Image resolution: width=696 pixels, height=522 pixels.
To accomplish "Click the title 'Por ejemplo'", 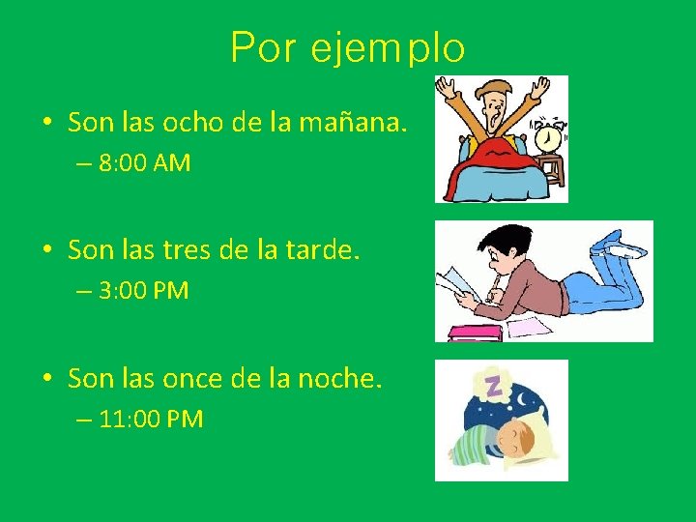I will tap(348, 47).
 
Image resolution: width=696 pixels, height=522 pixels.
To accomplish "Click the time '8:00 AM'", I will tap(144, 163).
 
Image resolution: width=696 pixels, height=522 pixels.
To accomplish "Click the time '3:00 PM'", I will tap(144, 291).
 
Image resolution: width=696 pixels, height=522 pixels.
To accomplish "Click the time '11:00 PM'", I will tap(151, 420).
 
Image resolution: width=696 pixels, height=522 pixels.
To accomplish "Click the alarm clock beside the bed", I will tap(548, 137).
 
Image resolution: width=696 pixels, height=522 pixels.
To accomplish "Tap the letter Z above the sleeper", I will tap(493, 387).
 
